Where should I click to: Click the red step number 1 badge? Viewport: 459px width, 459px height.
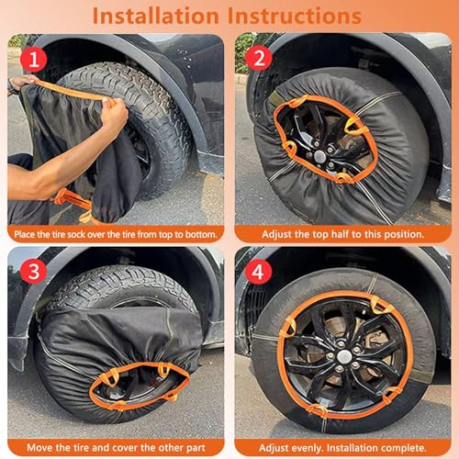tap(34, 59)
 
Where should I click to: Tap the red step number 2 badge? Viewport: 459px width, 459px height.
tap(259, 58)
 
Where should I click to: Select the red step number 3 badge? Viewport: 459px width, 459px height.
tap(34, 272)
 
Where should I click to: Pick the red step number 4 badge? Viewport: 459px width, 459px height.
tap(258, 272)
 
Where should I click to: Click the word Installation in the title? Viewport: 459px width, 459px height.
tap(155, 16)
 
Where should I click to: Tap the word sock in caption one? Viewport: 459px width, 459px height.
tap(76, 235)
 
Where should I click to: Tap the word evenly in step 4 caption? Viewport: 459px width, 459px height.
tap(308, 448)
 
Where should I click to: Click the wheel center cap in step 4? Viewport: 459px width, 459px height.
tap(344, 356)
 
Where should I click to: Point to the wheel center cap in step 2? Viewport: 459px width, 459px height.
tap(320, 156)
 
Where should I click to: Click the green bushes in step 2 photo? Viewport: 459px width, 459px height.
tap(245, 52)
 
